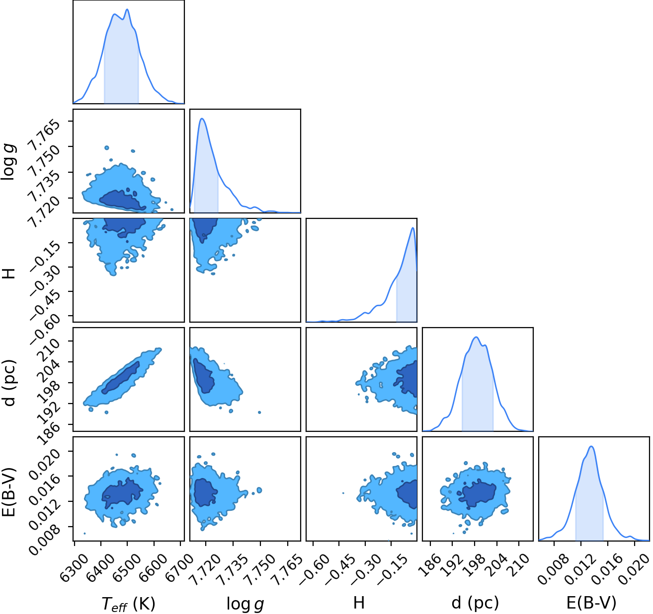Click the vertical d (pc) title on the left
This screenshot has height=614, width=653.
[x=9, y=383]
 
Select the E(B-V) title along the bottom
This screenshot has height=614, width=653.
[x=591, y=603]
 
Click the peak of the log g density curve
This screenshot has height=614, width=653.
[x=203, y=119]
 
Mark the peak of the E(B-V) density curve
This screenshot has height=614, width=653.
[x=591, y=446]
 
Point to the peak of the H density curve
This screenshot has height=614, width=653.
[x=412, y=228]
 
